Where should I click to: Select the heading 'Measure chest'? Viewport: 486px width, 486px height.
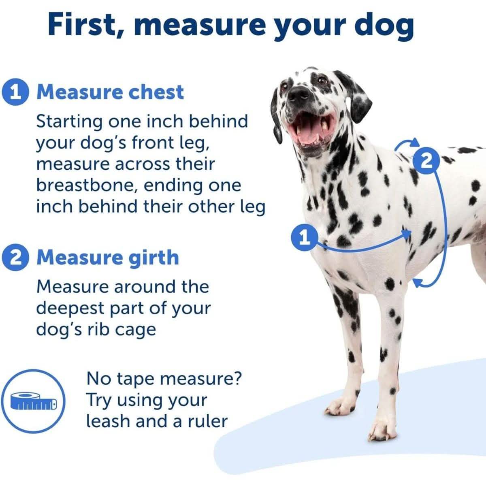click(x=110, y=92)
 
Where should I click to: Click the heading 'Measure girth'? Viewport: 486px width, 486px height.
click(x=108, y=258)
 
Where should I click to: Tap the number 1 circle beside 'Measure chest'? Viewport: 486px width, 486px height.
click(x=15, y=92)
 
